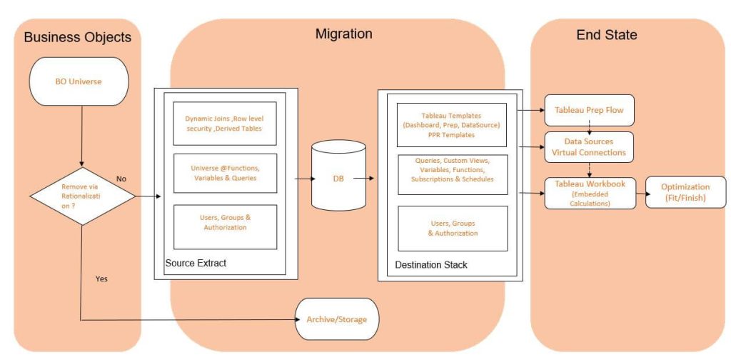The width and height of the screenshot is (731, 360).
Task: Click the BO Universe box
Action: pos(79,81)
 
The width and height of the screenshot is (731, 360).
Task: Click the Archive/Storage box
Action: pos(336,319)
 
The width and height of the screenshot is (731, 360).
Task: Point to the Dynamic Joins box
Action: pos(225,123)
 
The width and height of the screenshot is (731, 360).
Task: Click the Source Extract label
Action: pos(196,264)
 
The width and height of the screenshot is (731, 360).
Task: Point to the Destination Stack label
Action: pos(431,265)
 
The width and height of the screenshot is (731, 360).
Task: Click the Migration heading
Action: pos(343,34)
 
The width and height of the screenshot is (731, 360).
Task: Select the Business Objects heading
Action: pos(77,37)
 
